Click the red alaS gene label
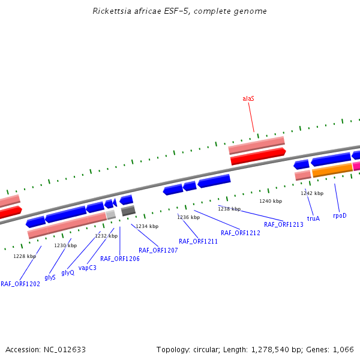click(248, 98)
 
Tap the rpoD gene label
click(340, 215)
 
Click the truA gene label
click(313, 218)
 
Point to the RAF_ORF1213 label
click(284, 224)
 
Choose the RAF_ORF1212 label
click(241, 233)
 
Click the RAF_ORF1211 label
click(198, 241)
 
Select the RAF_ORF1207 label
click(158, 250)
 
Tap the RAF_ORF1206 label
click(120, 259)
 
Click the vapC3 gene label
click(87, 268)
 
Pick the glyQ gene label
click(68, 272)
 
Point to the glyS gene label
click(50, 278)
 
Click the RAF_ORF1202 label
click(20, 284)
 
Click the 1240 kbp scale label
click(270, 201)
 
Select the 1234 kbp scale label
click(147, 226)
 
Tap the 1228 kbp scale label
click(25, 256)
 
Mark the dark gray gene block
click(128, 211)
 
